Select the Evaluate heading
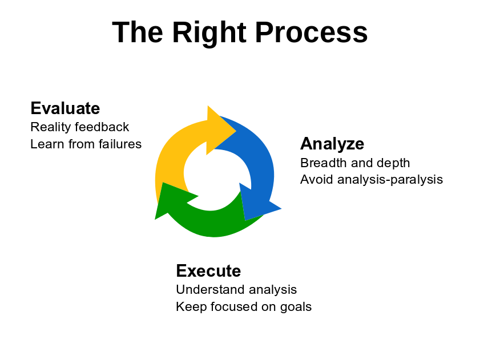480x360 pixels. (65, 108)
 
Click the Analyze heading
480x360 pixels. (332, 144)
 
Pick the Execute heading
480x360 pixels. (208, 271)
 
